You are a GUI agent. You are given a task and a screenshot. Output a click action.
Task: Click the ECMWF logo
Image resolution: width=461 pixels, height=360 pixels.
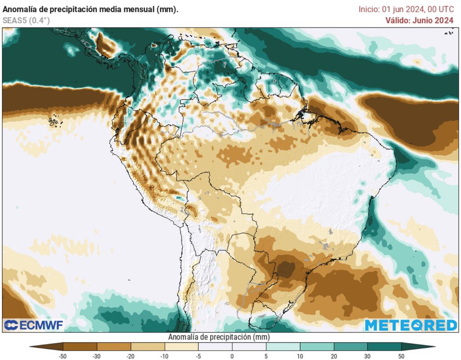coord(34,325)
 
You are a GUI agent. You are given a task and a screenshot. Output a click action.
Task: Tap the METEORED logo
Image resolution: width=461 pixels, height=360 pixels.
coord(411,325)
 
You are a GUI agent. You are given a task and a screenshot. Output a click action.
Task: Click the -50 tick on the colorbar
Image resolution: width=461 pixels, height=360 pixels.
coord(63,356)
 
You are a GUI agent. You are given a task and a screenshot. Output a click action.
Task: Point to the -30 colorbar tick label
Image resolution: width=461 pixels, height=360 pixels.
coord(97,356)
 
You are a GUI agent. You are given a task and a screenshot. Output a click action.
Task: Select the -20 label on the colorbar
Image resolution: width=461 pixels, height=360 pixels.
coord(131,356)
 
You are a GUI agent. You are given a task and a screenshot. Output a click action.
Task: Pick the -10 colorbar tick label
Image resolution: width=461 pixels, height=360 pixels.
coord(164,356)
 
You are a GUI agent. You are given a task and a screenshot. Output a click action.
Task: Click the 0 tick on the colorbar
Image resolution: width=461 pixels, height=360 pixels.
coord(232,356)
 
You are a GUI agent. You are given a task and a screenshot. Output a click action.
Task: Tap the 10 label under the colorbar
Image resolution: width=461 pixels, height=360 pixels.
coord(300,356)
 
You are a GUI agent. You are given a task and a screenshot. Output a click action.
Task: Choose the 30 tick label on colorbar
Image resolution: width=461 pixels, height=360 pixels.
coord(367,356)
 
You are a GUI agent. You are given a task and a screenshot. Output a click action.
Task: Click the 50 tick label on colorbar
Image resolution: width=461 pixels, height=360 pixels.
coord(401,356)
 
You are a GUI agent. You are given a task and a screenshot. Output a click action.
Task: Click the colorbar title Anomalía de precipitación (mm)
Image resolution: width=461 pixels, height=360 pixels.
coord(219,337)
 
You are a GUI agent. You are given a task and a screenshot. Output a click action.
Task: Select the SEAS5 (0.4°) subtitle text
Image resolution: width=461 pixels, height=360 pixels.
coord(26,20)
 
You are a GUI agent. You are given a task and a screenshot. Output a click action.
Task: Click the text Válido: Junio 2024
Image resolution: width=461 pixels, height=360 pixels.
coord(419,20)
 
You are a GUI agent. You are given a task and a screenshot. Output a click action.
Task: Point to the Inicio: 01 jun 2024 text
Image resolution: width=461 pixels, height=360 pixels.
coord(406,9)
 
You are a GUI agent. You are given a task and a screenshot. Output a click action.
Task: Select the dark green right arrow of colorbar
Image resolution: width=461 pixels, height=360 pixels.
coord(418,346)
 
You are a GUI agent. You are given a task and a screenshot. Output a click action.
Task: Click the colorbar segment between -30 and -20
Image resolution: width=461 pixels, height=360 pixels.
coord(113,346)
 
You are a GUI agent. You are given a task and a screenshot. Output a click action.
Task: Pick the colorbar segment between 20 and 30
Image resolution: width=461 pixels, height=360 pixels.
coord(350,346)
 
